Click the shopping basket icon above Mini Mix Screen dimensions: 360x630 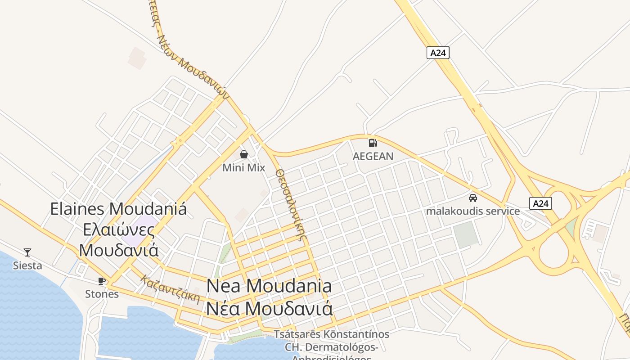coord(244,155)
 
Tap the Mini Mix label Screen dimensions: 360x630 coord(244,168)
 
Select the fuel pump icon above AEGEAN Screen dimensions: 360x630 coord(373,143)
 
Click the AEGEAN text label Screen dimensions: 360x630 coord(373,156)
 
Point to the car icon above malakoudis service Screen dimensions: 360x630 coord(473,198)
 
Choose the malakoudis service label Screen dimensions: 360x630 coord(473,211)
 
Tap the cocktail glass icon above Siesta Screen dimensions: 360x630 coord(27,252)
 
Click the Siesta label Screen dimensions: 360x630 coord(27,265)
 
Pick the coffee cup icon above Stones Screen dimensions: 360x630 coord(102,281)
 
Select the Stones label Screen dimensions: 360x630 coord(102,294)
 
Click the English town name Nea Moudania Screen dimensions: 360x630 coord(269,286)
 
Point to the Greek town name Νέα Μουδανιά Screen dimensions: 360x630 coord(269,309)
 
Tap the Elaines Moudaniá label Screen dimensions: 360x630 coord(118,209)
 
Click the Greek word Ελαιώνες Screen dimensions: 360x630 coord(119,229)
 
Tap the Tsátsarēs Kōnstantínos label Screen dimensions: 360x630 coord(332,334)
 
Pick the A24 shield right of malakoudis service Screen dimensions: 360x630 coord(540,203)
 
